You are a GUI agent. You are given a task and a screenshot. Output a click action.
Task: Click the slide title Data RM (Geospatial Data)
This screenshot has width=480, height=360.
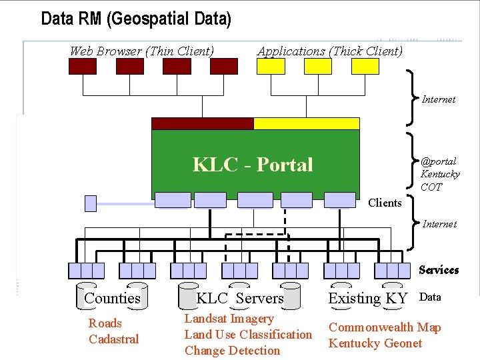[x=136, y=19]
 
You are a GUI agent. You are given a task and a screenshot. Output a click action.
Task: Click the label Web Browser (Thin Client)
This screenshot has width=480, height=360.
[x=142, y=51]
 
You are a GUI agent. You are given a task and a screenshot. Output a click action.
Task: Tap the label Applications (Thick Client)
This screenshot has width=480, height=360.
[x=330, y=51]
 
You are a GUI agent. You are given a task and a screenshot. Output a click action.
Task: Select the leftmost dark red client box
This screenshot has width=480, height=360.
[x=82, y=66]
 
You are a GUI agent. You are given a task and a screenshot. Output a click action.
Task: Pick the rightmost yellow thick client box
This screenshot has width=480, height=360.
[x=365, y=66]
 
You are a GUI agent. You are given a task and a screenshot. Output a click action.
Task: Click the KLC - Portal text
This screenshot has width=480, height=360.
[x=253, y=164]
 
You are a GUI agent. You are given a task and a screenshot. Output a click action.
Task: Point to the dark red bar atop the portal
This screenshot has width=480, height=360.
[x=203, y=123]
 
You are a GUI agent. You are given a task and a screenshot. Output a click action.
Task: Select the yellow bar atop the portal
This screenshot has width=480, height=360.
[x=307, y=123]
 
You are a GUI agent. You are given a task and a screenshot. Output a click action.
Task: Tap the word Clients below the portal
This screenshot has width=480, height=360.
[x=385, y=203]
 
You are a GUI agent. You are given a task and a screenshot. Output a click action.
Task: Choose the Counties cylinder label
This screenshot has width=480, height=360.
[x=112, y=298]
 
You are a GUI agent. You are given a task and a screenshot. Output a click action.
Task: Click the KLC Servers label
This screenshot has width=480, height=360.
[x=240, y=298]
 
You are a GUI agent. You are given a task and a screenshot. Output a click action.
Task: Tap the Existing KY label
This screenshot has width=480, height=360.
[x=367, y=298]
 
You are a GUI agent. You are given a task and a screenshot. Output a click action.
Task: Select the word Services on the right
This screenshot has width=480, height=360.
[x=439, y=269]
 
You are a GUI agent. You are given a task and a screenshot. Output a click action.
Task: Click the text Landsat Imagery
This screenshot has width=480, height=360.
[x=229, y=319]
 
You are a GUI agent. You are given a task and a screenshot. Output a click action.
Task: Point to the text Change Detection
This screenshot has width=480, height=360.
[x=232, y=351]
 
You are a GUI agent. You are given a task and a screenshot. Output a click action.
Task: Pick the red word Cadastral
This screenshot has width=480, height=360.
[x=114, y=339]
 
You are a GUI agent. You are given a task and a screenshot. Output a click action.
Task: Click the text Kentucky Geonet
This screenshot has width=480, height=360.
[x=375, y=343]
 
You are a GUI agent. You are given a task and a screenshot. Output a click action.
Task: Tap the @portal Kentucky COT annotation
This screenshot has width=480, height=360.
[x=439, y=174]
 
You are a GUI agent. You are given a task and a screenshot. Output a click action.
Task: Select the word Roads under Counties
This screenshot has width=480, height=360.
[x=105, y=323]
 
